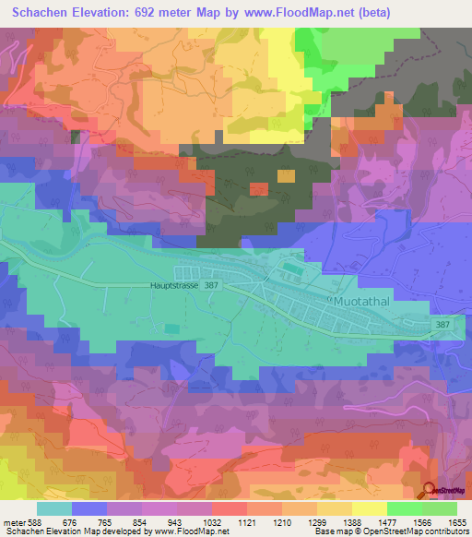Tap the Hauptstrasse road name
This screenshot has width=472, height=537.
pyautogui.click(x=175, y=287)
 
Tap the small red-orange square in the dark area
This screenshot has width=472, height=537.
pyautogui.click(x=259, y=189)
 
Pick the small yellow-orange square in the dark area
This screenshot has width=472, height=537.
pyautogui.click(x=287, y=175)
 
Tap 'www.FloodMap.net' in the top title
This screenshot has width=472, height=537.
pyautogui.click(x=287, y=13)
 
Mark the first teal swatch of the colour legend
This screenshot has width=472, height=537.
pyautogui.click(x=54, y=508)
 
